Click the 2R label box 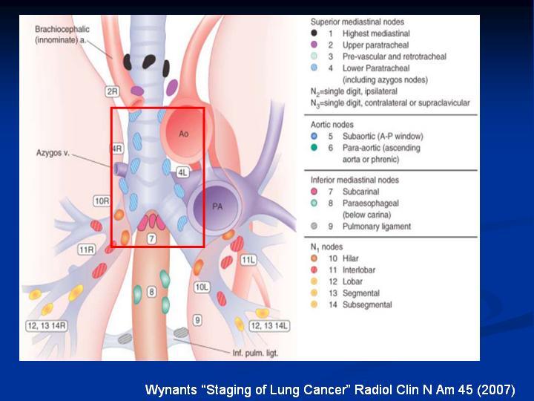pyautogui.click(x=113, y=91)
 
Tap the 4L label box pyautogui.click(x=183, y=172)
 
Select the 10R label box pyautogui.click(x=102, y=201)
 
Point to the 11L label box pyautogui.click(x=248, y=260)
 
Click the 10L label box pyautogui.click(x=202, y=287)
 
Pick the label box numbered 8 pyautogui.click(x=151, y=292)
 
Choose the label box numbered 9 pyautogui.click(x=197, y=320)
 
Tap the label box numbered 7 pyautogui.click(x=151, y=238)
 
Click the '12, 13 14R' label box pyautogui.click(x=47, y=326)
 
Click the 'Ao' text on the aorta pyautogui.click(x=184, y=134)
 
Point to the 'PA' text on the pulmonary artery pyautogui.click(x=217, y=206)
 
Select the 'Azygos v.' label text pyautogui.click(x=53, y=153)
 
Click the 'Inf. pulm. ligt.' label pyautogui.click(x=255, y=353)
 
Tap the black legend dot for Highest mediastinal pyautogui.click(x=314, y=33)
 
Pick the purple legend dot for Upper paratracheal pyautogui.click(x=314, y=45)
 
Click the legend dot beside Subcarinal pyautogui.click(x=314, y=192)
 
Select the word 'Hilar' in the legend pyautogui.click(x=350, y=258)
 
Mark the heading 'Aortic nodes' pyautogui.click(x=332, y=125)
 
